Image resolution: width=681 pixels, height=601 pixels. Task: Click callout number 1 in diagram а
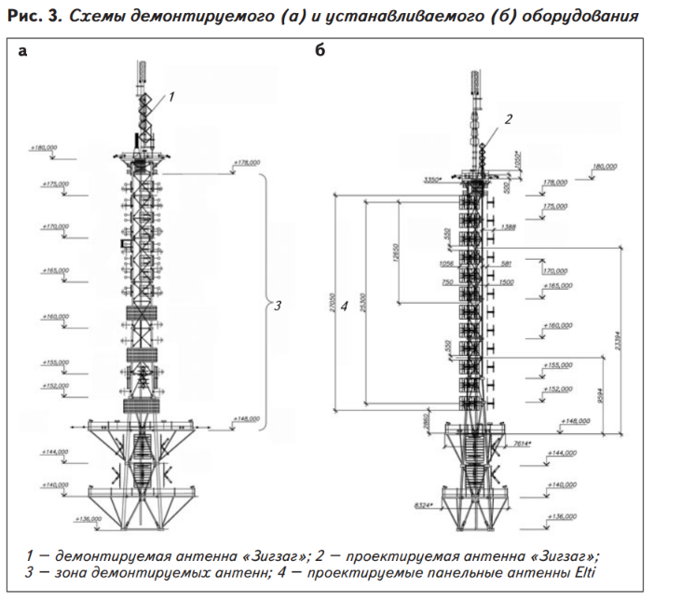(x=171, y=95)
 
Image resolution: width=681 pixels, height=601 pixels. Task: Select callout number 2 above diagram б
(x=509, y=118)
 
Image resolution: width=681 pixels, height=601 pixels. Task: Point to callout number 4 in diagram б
(x=345, y=305)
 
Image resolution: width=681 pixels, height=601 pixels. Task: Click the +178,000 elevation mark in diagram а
(x=246, y=162)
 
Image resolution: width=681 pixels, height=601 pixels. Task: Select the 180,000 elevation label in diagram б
(x=606, y=167)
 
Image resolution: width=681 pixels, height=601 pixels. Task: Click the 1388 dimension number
(x=508, y=226)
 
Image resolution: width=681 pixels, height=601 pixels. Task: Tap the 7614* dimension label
(x=522, y=444)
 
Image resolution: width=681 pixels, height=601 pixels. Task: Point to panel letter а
(x=23, y=52)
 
